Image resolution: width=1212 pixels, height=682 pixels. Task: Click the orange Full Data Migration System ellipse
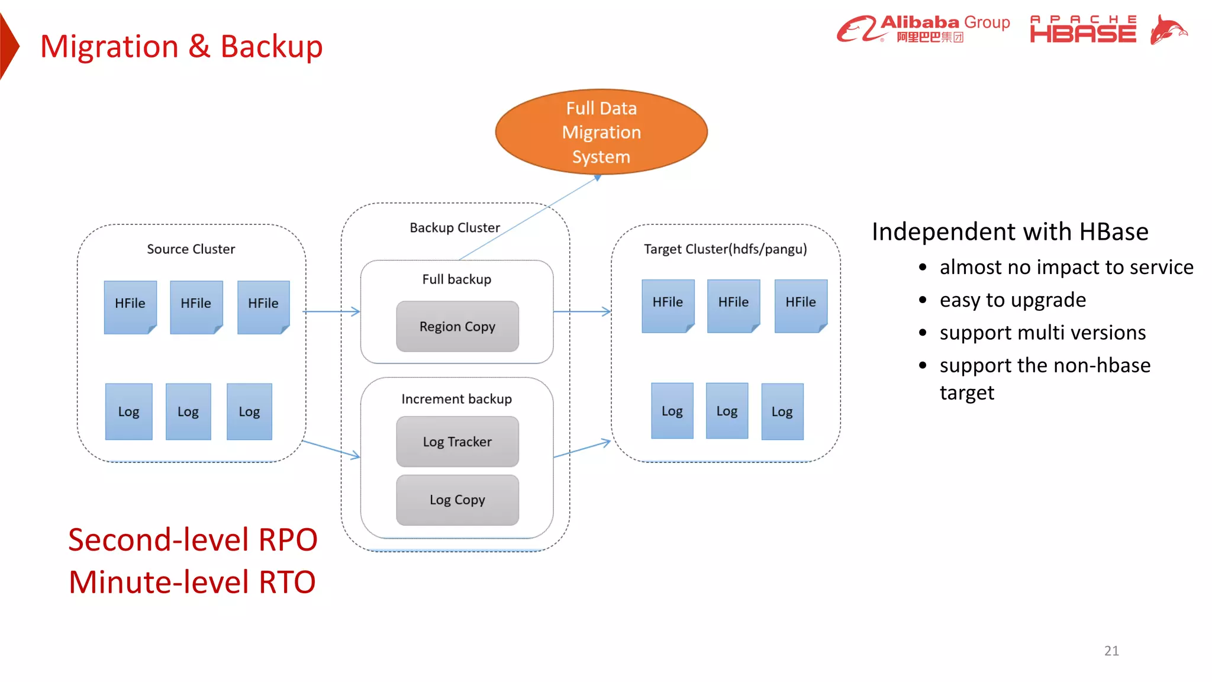click(601, 132)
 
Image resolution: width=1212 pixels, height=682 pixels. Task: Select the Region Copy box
click(457, 326)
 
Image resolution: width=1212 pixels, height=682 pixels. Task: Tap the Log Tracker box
click(457, 442)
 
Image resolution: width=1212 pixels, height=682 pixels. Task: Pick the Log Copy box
click(457, 500)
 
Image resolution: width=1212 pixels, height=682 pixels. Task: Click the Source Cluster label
click(191, 249)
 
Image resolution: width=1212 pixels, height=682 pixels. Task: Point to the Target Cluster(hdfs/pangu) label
click(725, 249)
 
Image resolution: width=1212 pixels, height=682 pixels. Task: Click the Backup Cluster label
click(454, 228)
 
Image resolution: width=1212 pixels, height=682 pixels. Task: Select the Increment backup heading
click(456, 399)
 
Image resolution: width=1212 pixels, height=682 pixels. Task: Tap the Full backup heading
click(456, 279)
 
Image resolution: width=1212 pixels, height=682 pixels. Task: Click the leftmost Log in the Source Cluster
click(129, 411)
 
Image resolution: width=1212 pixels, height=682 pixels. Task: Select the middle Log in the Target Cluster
click(727, 411)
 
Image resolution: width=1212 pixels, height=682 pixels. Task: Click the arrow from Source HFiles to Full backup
click(331, 311)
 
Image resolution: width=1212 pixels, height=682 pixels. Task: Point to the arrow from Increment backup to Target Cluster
click(582, 449)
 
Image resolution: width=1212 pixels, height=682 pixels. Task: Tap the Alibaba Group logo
click(923, 28)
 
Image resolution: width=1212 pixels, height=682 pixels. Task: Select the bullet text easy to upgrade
click(1013, 300)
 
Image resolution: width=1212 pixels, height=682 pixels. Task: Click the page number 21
click(1111, 651)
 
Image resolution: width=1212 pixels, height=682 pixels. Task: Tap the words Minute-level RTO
click(192, 582)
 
